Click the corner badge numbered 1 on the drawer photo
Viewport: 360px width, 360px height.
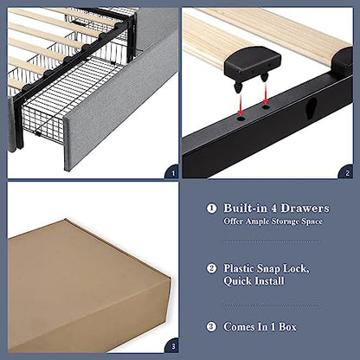pos(171,172)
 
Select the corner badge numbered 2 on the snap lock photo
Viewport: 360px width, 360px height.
pos(346,172)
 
